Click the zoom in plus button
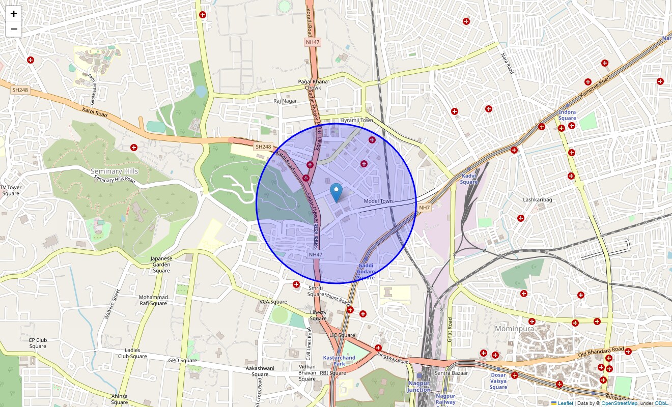tap(14, 14)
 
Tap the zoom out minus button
tap(14, 29)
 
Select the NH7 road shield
tap(425, 208)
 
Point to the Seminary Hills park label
tap(114, 171)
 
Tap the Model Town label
tap(378, 201)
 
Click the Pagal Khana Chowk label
tap(313, 84)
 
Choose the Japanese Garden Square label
tap(161, 265)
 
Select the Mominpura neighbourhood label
tap(514, 329)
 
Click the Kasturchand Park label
tap(339, 361)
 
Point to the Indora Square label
tap(567, 115)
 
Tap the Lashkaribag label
tap(538, 200)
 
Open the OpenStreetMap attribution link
tap(619, 403)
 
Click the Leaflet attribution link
tap(565, 403)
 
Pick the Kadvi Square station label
tap(469, 179)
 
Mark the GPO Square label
tap(182, 361)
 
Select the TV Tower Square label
tap(11, 190)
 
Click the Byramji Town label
tap(357, 121)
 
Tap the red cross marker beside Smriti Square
tap(296, 284)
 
